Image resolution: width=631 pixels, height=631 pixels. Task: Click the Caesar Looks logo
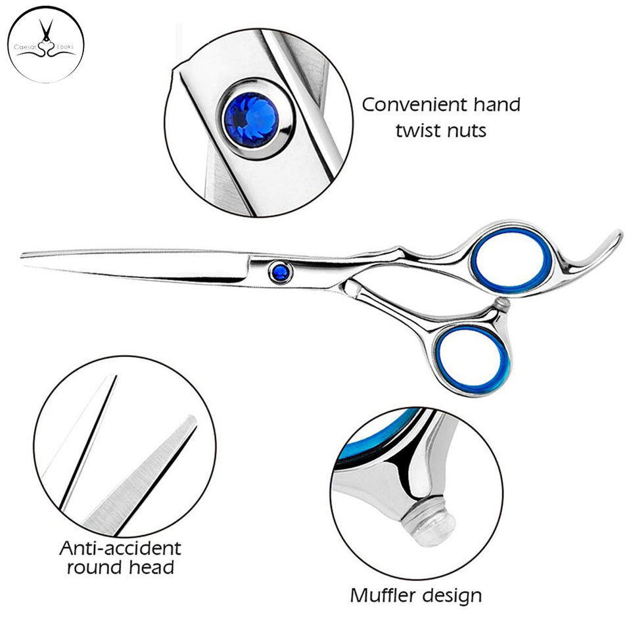click(45, 44)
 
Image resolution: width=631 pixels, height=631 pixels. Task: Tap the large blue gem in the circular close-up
click(252, 120)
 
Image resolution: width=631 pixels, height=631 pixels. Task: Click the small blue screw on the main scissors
click(281, 272)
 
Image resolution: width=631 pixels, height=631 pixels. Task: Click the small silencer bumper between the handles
click(502, 304)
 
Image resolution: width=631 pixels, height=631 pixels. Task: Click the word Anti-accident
click(120, 548)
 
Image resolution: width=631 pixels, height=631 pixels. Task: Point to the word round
click(96, 568)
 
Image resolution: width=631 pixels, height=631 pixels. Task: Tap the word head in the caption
click(152, 567)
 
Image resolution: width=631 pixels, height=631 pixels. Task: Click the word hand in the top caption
click(498, 105)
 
